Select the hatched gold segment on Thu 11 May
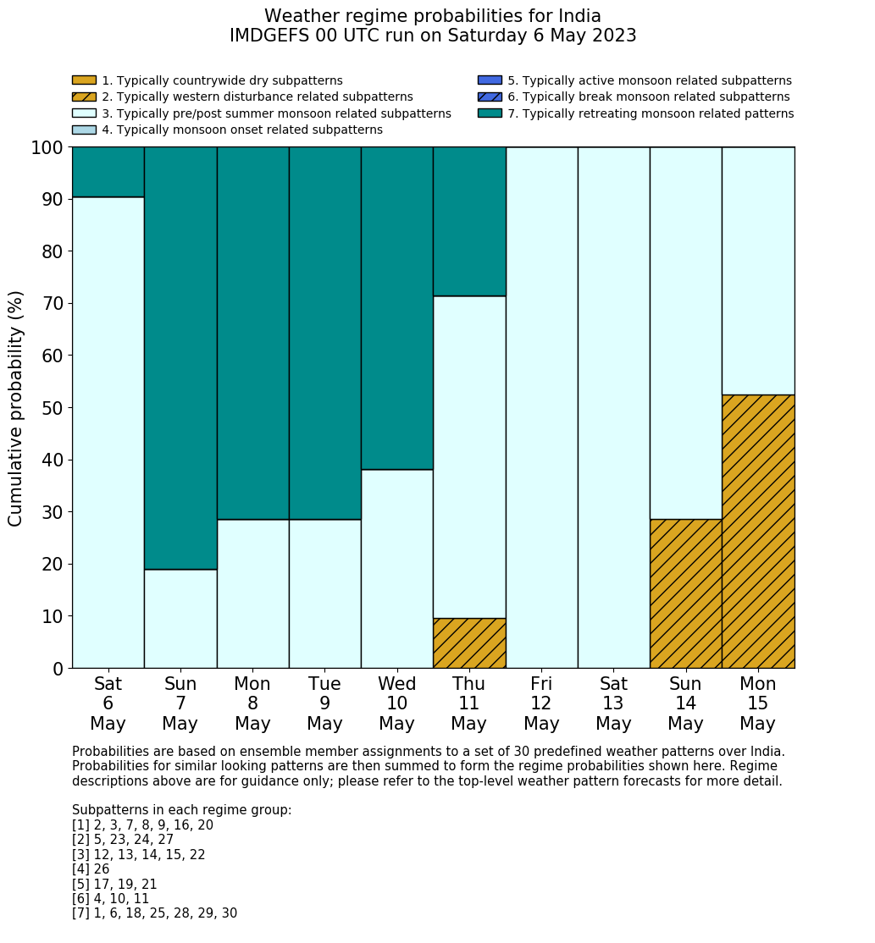tap(469, 643)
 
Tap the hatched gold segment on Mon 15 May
tap(758, 532)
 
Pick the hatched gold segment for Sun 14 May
tap(685, 593)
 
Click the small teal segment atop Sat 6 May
tap(108, 172)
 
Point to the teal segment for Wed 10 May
tap(397, 308)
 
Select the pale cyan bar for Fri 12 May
tap(541, 407)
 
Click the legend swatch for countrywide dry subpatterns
tap(84, 80)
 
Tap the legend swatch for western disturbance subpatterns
tap(84, 97)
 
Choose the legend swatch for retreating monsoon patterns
tap(490, 113)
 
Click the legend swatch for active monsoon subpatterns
tap(490, 80)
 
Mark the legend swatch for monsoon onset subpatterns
tap(84, 130)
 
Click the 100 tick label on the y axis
tap(47, 148)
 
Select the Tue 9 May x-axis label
tap(324, 703)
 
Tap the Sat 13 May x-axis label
tap(613, 703)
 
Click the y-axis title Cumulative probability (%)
tap(16, 408)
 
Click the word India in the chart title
tap(576, 16)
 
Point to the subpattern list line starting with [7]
tap(154, 913)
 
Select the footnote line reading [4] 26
tap(91, 869)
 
